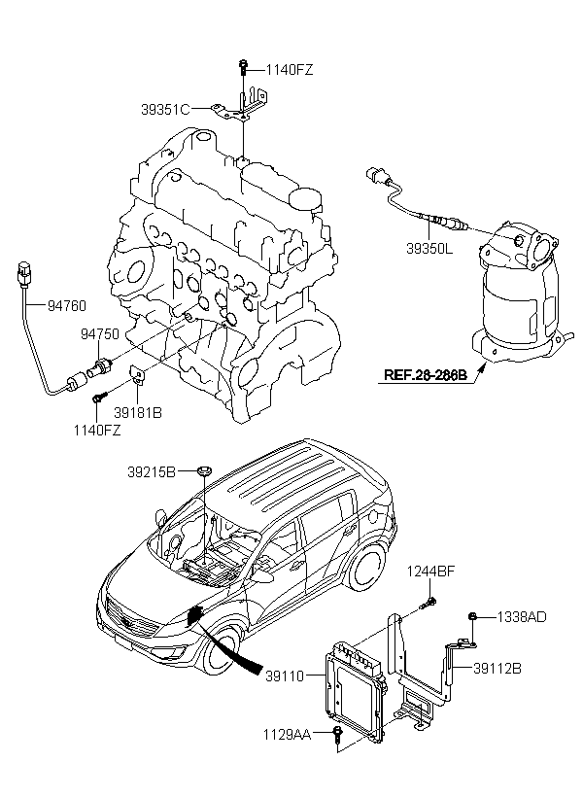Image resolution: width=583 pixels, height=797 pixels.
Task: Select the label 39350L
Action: (x=429, y=249)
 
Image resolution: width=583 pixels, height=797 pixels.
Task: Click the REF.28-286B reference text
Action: (x=425, y=373)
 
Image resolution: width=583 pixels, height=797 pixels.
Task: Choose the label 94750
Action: (x=99, y=333)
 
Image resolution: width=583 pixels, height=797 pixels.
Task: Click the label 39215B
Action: (x=151, y=472)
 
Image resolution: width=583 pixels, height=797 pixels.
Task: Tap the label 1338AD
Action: (x=522, y=616)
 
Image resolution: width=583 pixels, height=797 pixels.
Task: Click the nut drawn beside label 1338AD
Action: (x=471, y=616)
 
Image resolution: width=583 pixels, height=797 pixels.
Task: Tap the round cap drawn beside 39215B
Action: (x=203, y=472)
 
